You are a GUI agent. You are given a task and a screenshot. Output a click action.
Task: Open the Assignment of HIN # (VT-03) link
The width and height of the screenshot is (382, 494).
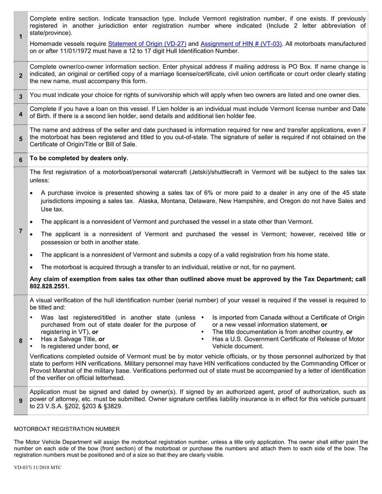[241, 44]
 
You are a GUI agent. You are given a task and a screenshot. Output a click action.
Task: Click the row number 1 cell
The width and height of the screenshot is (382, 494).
[21, 37]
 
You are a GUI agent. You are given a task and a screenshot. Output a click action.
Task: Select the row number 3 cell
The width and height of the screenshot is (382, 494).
[21, 96]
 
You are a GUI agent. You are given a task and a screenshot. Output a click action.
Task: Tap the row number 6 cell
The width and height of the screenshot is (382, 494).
[21, 160]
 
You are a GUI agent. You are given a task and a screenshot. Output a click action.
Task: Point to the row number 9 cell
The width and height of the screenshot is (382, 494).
[21, 400]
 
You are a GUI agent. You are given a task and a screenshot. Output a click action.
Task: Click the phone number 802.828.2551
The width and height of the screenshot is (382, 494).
[50, 286]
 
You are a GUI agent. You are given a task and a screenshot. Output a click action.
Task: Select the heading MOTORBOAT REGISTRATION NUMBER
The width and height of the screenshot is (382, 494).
[67, 429]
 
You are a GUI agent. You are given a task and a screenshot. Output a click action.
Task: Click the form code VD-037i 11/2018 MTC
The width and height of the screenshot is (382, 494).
[38, 467]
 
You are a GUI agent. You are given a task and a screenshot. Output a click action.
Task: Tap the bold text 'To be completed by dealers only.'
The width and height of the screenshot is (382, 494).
[79, 158]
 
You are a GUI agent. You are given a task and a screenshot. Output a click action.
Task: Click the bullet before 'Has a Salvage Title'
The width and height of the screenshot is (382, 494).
[32, 339]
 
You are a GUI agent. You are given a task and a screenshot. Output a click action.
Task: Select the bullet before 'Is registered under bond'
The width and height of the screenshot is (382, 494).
[32, 346]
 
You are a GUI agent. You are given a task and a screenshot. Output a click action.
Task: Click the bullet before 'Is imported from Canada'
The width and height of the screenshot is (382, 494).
[203, 317]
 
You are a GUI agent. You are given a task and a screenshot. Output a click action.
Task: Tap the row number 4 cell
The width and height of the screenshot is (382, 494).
[21, 114]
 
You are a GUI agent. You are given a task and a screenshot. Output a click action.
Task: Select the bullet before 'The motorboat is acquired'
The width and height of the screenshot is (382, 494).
[32, 267]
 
